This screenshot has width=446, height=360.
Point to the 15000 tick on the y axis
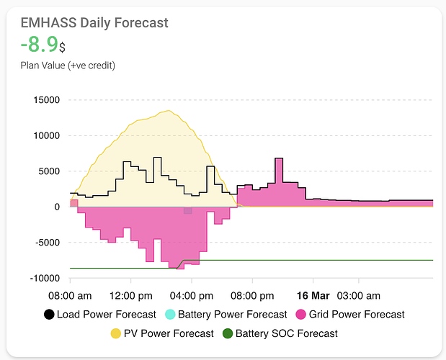tap(47, 100)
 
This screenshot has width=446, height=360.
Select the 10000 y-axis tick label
tap(47, 135)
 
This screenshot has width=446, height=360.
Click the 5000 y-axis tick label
tap(50, 171)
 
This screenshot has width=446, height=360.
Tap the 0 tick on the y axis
tap(57, 207)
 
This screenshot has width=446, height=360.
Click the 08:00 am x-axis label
tap(70, 295)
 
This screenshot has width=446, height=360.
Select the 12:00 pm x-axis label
tap(130, 295)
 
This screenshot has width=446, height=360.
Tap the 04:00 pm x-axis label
tap(191, 295)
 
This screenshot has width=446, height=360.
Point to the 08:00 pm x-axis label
tap(252, 295)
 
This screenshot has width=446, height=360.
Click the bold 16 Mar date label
tap(313, 295)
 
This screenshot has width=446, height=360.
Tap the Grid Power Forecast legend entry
tap(351, 314)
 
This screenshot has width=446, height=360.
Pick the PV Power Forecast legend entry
tap(161, 333)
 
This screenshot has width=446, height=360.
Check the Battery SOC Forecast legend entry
tap(280, 333)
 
